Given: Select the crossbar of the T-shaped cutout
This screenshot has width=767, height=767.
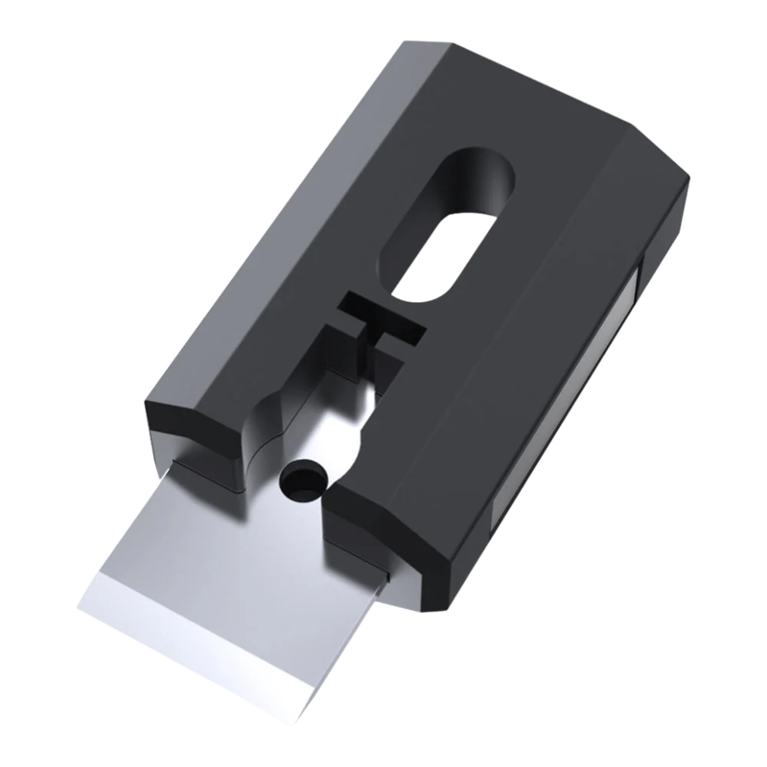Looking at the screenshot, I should [381, 322].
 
